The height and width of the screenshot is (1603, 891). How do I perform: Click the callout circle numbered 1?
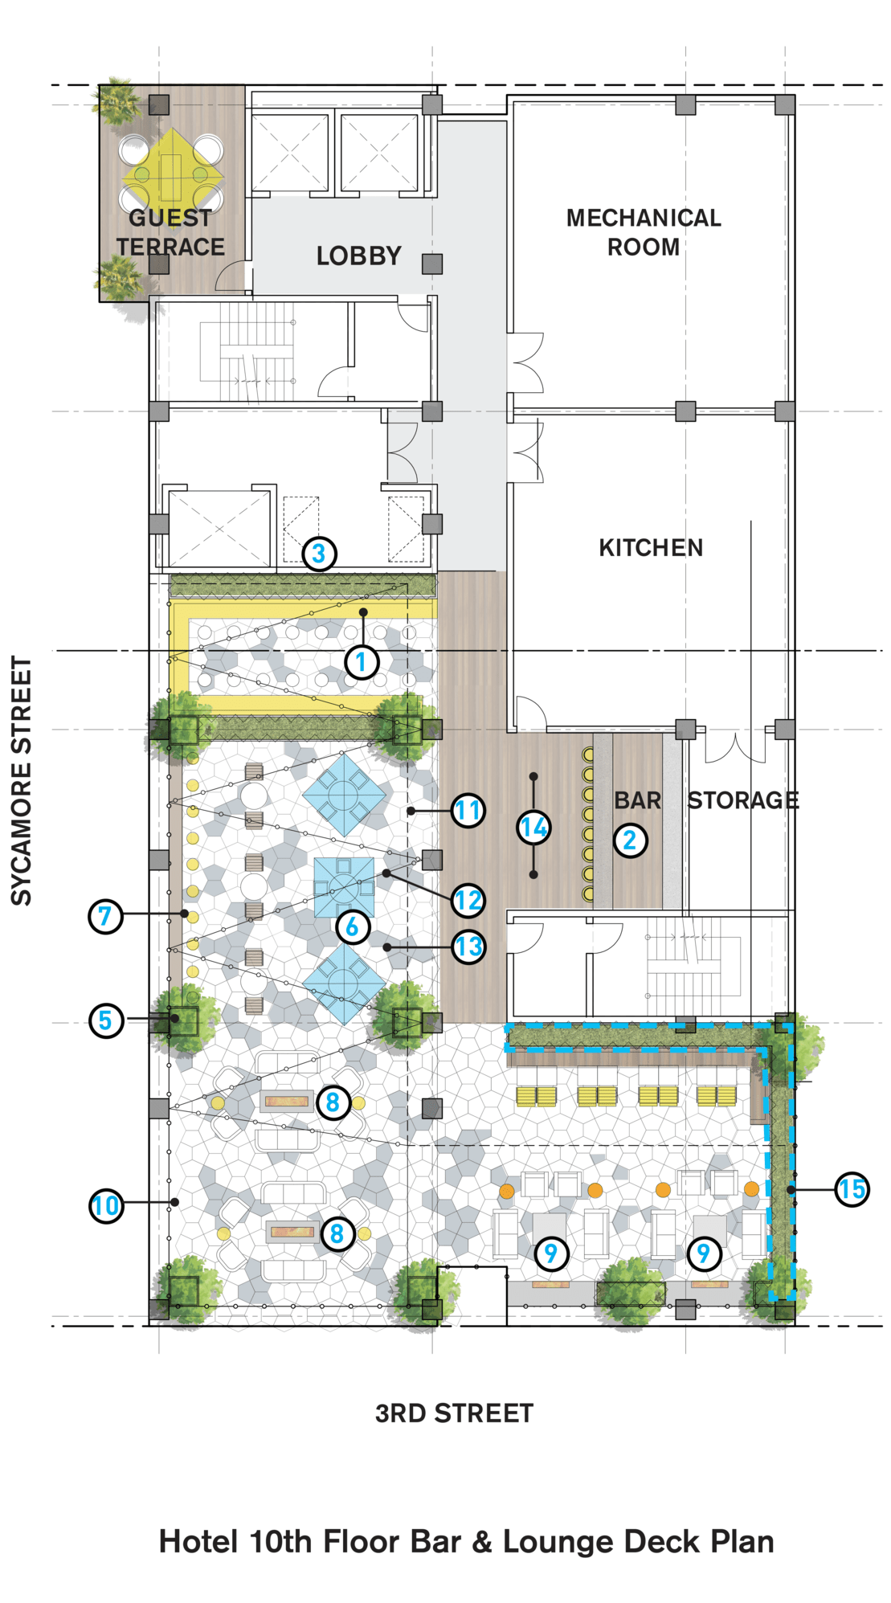pos(362,662)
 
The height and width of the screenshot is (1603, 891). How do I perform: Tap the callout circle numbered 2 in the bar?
pos(630,840)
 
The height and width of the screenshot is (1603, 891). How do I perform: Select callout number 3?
pos(319,554)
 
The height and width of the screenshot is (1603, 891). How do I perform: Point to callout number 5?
pos(105,1020)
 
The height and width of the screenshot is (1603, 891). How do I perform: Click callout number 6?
pos(352,926)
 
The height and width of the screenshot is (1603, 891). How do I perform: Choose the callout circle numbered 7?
pos(105,916)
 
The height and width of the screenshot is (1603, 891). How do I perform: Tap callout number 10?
pos(106,1205)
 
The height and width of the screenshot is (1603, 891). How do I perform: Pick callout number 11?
pos(468,810)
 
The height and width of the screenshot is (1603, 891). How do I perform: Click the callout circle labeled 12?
pos(468,900)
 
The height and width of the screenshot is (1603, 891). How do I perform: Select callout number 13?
pos(468,947)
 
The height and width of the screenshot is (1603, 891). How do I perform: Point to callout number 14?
pos(533,827)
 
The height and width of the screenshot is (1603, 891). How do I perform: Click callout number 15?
pos(852,1189)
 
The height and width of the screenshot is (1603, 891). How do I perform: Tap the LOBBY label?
pos(358,256)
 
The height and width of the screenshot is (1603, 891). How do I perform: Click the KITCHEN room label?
pos(651,548)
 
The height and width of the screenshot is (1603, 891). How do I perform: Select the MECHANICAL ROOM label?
pos(644,232)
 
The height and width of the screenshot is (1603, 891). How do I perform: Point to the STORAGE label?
pos(743,800)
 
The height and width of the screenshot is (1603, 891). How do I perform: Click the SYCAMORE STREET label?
pos(21,781)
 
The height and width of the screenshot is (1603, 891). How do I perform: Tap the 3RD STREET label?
pos(454,1413)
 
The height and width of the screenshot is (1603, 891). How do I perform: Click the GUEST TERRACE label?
pos(170,232)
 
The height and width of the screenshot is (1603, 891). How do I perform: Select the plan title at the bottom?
pos(466,1542)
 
